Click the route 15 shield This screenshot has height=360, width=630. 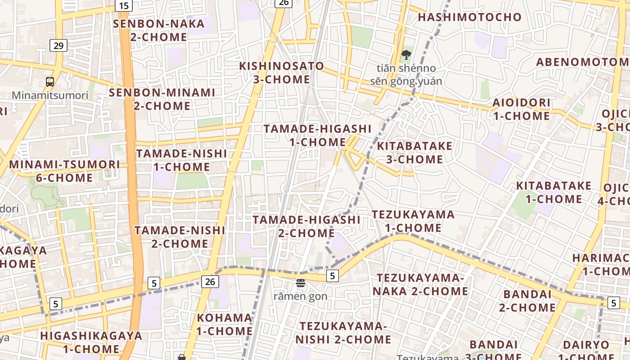124,5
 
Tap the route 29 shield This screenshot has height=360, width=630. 58,45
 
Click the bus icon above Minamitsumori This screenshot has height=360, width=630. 50,82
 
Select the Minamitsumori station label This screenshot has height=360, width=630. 50,95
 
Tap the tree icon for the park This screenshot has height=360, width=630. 406,55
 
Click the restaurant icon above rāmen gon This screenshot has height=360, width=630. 301,283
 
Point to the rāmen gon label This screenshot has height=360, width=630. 301,297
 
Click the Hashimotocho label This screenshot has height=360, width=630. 470,17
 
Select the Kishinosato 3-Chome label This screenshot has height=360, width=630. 281,72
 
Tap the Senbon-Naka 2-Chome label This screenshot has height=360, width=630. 158,30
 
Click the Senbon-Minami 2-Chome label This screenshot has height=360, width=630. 162,99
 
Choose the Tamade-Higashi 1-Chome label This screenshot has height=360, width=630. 317,135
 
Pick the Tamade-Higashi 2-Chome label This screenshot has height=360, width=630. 306,226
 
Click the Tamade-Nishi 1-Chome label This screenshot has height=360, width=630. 181,160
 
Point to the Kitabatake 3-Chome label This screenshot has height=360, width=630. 414,153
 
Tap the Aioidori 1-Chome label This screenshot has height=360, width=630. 521,109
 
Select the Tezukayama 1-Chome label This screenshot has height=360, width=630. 413,221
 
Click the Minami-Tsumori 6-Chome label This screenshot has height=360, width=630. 64,171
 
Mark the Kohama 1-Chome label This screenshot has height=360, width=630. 225,324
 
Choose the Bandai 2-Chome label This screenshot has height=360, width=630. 527,301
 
